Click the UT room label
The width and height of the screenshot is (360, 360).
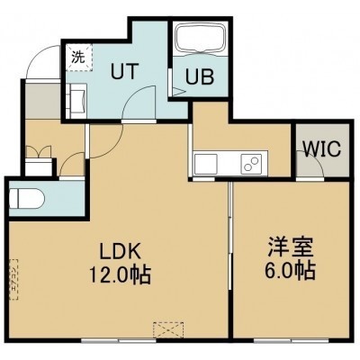click(x=124, y=71)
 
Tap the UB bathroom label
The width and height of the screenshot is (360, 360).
click(x=200, y=76)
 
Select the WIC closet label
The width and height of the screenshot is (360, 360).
click(x=321, y=148)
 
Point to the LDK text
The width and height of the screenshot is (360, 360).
click(x=120, y=251)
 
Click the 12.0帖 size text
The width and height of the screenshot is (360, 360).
click(x=120, y=275)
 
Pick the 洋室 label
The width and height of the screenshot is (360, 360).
click(x=291, y=247)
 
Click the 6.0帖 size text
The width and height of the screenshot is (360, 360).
click(x=290, y=271)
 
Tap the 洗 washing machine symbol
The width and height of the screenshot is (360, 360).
click(x=79, y=58)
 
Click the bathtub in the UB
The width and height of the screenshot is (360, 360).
click(x=201, y=39)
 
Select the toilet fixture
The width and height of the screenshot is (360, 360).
click(x=27, y=198)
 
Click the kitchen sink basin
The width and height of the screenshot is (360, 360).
click(x=205, y=164)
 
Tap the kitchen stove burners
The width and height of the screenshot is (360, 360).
click(x=251, y=164)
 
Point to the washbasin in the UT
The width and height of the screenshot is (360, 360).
click(x=76, y=101)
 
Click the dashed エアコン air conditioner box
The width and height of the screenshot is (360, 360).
click(x=13, y=280)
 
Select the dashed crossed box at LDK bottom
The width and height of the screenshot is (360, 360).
click(x=168, y=330)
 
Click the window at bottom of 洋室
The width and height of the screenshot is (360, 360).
click(x=291, y=340)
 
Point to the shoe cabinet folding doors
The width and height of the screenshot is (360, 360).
click(x=39, y=152)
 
